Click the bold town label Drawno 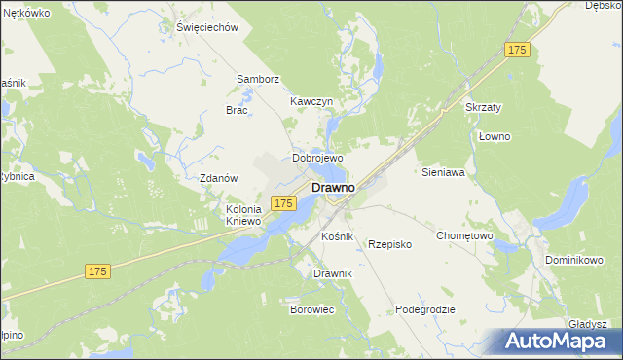coord(332,186)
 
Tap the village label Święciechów coord(207,27)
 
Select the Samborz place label coord(259,79)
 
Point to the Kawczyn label coord(311,101)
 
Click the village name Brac coord(238,110)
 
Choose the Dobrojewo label coord(318,158)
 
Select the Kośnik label coord(338,237)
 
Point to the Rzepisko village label coord(389,244)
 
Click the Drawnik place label coord(332,273)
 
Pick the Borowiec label coord(312,309)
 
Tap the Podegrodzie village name coord(425,309)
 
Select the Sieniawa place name coord(443,172)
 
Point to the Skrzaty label coord(485,106)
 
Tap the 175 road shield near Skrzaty coord(517,50)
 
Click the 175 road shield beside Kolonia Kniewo coord(283,202)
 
